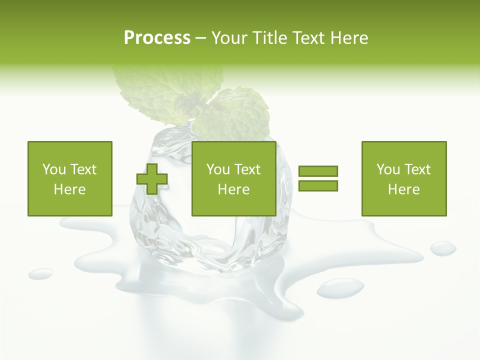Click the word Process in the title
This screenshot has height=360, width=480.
(x=157, y=38)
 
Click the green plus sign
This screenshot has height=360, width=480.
(x=152, y=179)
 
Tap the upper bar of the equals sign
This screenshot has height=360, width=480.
(x=318, y=171)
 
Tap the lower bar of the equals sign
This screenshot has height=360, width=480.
(x=318, y=185)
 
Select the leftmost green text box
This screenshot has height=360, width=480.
(x=69, y=178)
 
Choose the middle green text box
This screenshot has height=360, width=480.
(x=233, y=178)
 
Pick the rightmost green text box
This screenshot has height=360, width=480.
(x=403, y=178)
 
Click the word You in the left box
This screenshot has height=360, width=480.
(x=52, y=169)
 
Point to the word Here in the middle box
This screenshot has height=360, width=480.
(x=233, y=189)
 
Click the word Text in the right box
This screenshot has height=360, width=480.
(x=417, y=169)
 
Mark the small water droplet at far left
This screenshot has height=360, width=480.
(x=40, y=273)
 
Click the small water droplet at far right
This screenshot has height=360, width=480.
(x=443, y=247)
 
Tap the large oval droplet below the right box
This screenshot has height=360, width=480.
(x=340, y=288)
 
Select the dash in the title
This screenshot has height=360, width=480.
(x=200, y=38)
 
